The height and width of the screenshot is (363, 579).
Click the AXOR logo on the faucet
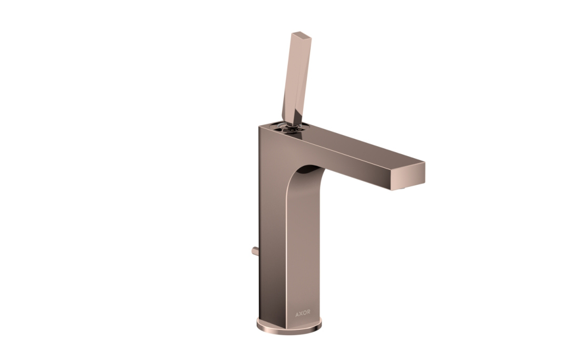click(303, 314)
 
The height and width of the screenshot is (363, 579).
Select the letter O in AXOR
click(305, 314)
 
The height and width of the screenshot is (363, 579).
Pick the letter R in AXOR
click(308, 314)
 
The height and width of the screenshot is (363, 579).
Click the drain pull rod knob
click(254, 251)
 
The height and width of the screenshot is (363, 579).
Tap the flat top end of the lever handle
click(300, 35)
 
